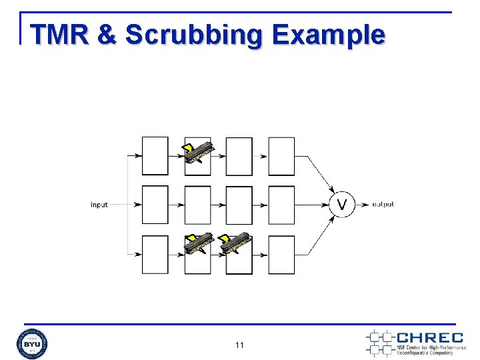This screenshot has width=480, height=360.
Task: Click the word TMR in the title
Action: coord(59,34)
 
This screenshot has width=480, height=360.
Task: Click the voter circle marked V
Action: coord(343,204)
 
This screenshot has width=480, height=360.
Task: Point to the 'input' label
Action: coord(99,205)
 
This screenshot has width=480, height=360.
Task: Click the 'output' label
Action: coord(383,204)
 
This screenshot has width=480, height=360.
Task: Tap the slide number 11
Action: coord(240,345)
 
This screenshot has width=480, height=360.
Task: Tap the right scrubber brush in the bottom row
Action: coord(235,244)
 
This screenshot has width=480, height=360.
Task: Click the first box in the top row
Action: coord(155,156)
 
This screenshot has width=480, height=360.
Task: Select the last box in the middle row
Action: coord(281,205)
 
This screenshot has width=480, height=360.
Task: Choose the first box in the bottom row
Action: coord(155,255)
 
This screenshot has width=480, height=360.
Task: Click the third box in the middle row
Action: coord(239,205)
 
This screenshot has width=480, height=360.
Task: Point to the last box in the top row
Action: coord(281,156)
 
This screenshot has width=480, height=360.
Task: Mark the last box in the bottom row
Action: coord(281,255)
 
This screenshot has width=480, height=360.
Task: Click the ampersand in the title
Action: coord(107,35)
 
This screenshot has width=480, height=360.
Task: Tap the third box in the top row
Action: coord(239,156)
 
